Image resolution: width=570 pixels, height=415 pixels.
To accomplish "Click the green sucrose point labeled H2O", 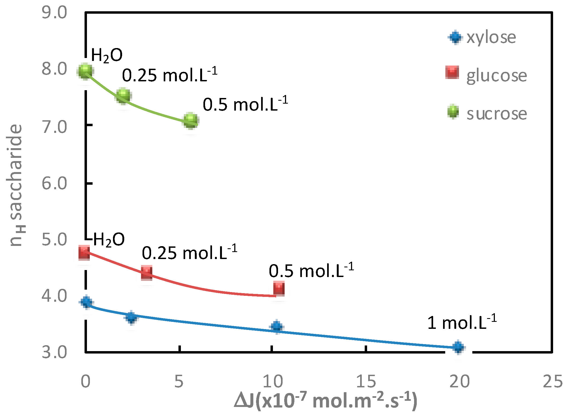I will (x=85, y=71).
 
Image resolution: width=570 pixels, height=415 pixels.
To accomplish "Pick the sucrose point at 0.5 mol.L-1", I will (x=191, y=121).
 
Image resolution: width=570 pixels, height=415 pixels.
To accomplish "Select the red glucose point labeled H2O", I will (x=84, y=253).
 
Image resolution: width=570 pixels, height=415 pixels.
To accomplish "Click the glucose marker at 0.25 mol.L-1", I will (x=147, y=273).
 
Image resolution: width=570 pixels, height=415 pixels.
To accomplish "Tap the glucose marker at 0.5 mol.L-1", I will (x=279, y=289).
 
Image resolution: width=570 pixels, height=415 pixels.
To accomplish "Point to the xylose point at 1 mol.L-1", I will (x=458, y=347).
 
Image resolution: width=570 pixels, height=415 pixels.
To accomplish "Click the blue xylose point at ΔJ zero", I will (x=86, y=302).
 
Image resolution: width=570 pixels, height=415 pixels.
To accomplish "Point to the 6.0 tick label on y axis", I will (x=54, y=184).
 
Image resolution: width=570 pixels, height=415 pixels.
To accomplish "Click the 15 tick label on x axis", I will (x=366, y=381).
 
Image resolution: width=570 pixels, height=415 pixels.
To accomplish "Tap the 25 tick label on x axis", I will (x=552, y=381).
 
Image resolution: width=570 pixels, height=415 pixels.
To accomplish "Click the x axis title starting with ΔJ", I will (x=325, y=401).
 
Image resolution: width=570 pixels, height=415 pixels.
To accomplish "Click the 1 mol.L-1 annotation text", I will (x=462, y=322).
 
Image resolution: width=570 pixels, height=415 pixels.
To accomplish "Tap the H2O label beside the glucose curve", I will (x=109, y=239).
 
